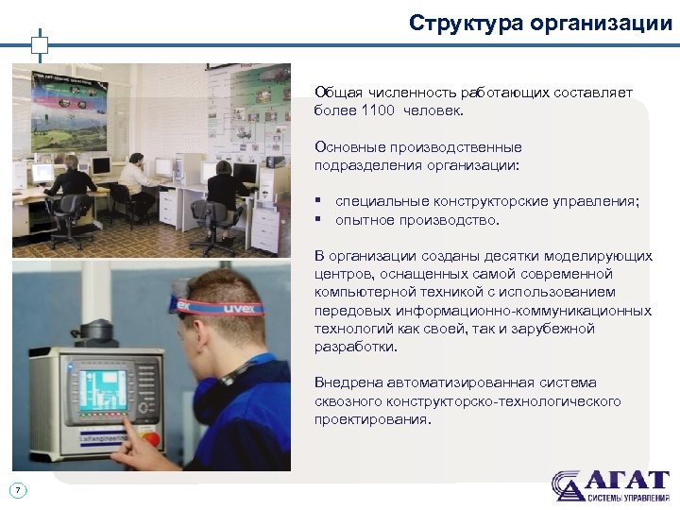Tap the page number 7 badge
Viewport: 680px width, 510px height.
click(x=19, y=489)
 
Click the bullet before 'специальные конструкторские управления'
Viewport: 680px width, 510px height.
click(x=319, y=202)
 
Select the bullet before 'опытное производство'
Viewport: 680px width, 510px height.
click(x=319, y=220)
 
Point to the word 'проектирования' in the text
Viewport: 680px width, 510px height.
click(x=370, y=419)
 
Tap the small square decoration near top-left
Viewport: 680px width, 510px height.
click(x=39, y=43)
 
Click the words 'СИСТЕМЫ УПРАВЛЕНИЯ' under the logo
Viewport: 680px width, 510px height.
click(x=627, y=498)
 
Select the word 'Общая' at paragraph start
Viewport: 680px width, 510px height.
click(x=335, y=93)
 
